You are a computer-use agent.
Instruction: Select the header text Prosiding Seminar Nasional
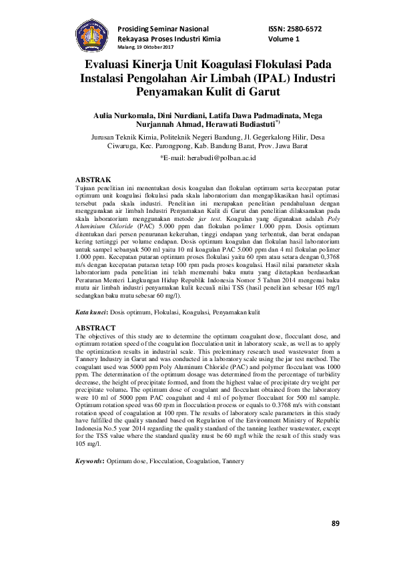click(x=163, y=29)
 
